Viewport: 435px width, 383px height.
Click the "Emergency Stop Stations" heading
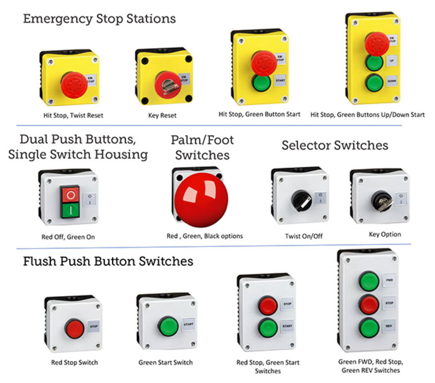[99, 19]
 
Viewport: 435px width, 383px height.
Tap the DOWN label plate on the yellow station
[391, 81]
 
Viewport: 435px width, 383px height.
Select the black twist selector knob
[300, 199]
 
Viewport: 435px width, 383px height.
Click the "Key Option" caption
[385, 234]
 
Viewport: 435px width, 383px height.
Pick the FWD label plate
[389, 280]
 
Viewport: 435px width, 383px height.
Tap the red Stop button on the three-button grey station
[369, 304]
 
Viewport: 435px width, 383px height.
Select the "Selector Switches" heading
[335, 145]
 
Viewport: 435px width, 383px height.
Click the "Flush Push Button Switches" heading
[108, 261]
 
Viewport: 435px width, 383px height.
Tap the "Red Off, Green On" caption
[68, 237]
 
